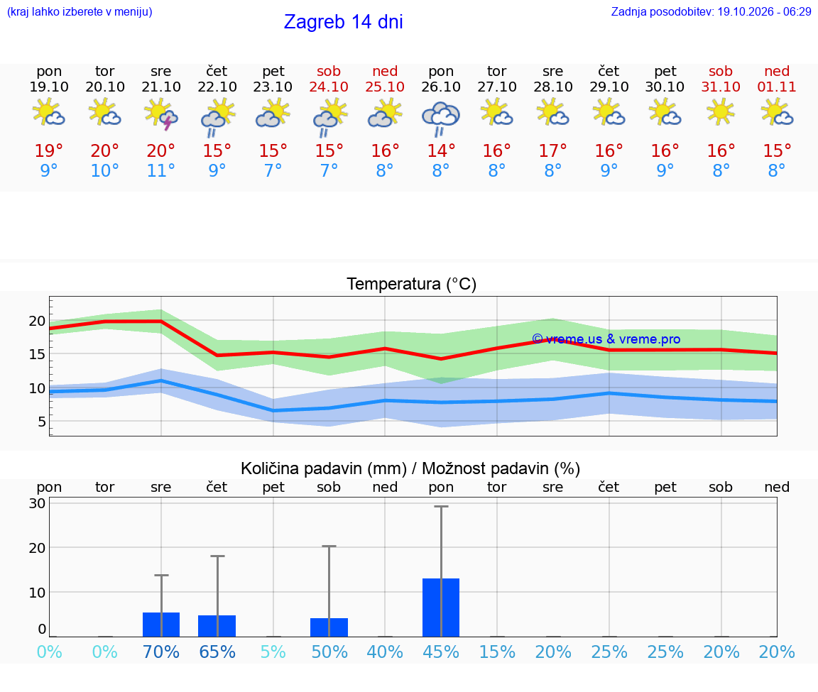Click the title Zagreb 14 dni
click(343, 22)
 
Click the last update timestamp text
click(711, 11)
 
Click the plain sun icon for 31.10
click(721, 111)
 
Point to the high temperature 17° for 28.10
click(552, 150)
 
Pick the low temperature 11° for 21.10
click(160, 170)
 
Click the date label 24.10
click(329, 87)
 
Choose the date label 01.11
click(777, 87)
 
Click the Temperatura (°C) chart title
click(412, 284)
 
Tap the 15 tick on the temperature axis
click(37, 354)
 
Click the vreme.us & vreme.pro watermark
click(606, 339)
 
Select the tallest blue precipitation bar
click(441, 608)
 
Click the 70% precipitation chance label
click(160, 652)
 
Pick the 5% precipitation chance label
click(273, 652)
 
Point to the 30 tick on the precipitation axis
click(37, 503)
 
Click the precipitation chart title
click(410, 468)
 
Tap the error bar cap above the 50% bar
click(329, 546)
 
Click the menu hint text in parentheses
click(80, 11)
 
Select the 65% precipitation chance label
click(217, 652)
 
